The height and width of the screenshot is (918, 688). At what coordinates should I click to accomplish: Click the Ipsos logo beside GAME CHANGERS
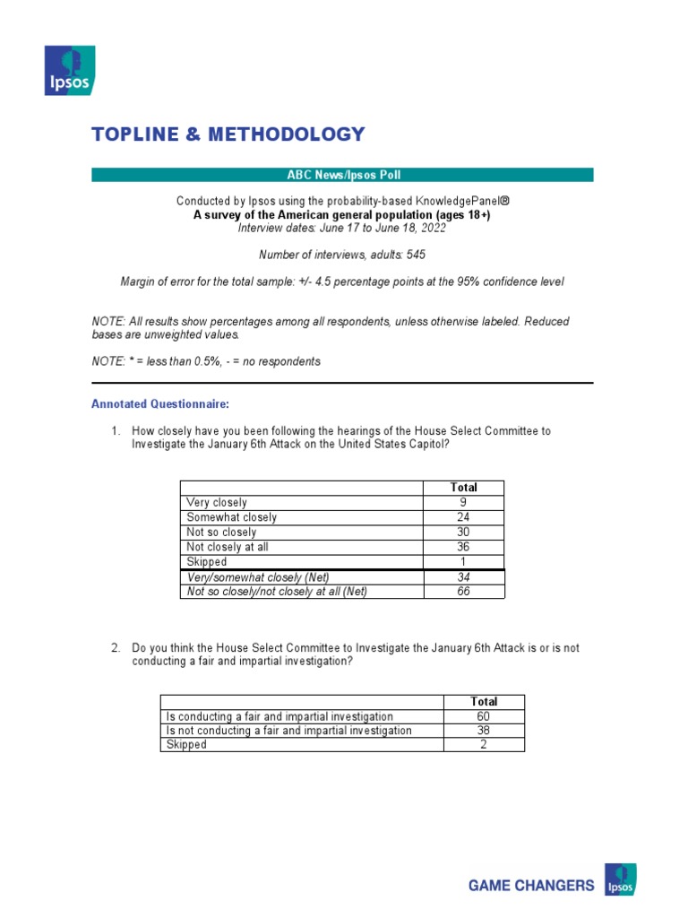[x=621, y=879]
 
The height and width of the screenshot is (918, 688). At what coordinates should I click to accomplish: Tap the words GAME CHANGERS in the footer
[x=531, y=886]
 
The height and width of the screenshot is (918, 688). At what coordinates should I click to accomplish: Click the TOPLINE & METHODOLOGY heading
[x=228, y=134]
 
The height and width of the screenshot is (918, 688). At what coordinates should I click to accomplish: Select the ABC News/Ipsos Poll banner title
[x=342, y=175]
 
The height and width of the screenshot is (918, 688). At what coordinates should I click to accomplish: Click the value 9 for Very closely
[x=463, y=503]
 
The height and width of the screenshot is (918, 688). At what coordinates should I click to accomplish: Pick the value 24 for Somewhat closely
[x=463, y=517]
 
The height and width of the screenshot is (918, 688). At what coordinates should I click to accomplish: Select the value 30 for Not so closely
[x=463, y=533]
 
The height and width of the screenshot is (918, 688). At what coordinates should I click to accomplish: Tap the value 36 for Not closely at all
[x=463, y=547]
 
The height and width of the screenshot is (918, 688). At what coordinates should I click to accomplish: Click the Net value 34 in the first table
[x=463, y=577]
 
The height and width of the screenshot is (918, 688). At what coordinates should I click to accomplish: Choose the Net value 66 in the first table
[x=463, y=592]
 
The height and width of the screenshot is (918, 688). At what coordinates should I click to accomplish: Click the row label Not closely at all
[x=228, y=547]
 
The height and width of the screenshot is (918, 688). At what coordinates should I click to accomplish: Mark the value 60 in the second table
[x=484, y=716]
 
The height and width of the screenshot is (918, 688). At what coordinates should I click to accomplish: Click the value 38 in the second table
[x=484, y=731]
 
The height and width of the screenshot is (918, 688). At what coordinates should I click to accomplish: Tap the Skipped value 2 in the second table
[x=484, y=745]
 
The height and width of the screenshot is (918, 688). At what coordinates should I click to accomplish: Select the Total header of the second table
[x=484, y=702]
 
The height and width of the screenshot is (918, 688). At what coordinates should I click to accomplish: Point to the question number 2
[x=116, y=647]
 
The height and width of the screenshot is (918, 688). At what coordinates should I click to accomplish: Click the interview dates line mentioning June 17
[x=342, y=229]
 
